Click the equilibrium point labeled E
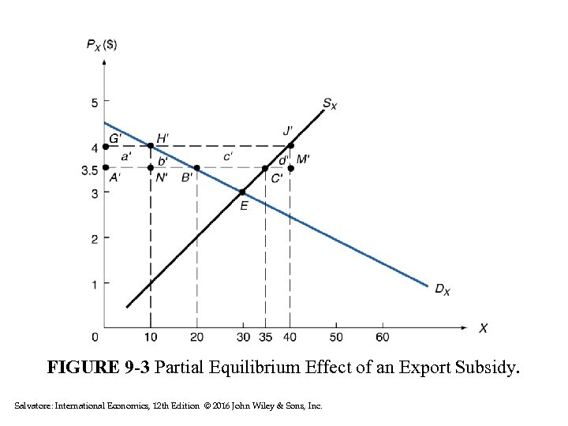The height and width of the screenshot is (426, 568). [x=242, y=192]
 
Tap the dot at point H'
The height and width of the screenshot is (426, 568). [x=151, y=146]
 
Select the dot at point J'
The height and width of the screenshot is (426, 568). [x=290, y=146]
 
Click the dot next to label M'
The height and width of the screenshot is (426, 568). [x=290, y=168]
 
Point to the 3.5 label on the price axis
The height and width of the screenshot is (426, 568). [x=89, y=169]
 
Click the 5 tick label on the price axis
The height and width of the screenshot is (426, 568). [x=95, y=102]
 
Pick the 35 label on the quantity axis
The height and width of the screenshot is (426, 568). [x=265, y=338]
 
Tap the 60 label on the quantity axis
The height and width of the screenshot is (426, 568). [x=383, y=338]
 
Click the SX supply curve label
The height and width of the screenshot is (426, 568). [x=329, y=103]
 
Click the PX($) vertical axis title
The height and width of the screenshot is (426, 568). [x=102, y=44]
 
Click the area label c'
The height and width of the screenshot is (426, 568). [x=227, y=157]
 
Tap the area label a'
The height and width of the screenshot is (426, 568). [x=126, y=158]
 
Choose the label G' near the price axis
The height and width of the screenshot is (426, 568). [x=115, y=137]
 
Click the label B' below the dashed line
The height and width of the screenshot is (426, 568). [x=187, y=177]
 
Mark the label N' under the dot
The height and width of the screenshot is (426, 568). [x=162, y=178]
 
